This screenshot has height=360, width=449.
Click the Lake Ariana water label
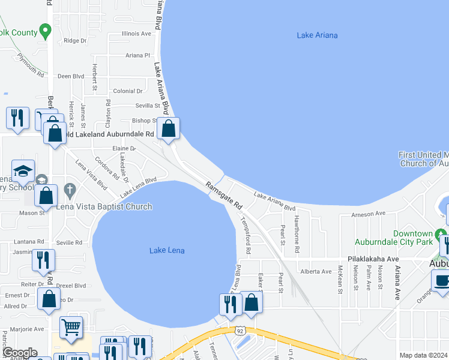click(317, 35)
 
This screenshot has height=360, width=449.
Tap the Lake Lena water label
click(167, 250)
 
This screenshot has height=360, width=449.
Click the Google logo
click(19, 353)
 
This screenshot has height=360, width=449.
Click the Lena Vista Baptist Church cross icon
click(70, 191)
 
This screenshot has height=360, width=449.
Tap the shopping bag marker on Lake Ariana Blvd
click(169, 128)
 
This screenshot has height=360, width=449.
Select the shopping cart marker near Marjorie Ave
click(71, 328)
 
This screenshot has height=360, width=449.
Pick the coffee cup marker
click(442, 281)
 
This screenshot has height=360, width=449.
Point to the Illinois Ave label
click(136, 34)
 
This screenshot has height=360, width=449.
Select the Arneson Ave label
click(368, 214)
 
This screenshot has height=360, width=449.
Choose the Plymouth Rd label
click(31, 66)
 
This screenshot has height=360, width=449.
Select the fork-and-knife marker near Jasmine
click(44, 260)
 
